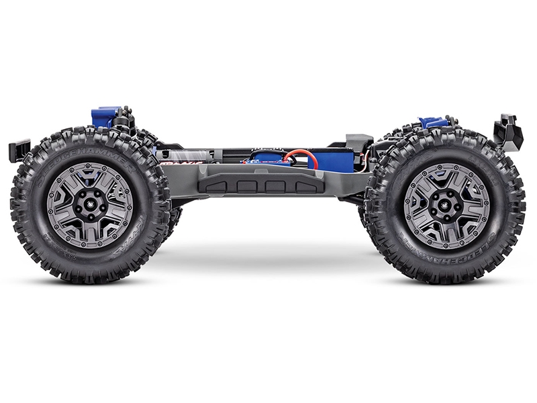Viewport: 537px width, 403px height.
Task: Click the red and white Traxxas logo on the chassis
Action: point(177,161)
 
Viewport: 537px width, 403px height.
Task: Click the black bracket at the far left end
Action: point(19,148)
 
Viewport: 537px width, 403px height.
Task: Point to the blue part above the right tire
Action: point(432,122)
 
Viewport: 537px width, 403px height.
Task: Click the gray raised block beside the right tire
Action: point(359,142)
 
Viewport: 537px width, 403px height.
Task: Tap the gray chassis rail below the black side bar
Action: point(268,199)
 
